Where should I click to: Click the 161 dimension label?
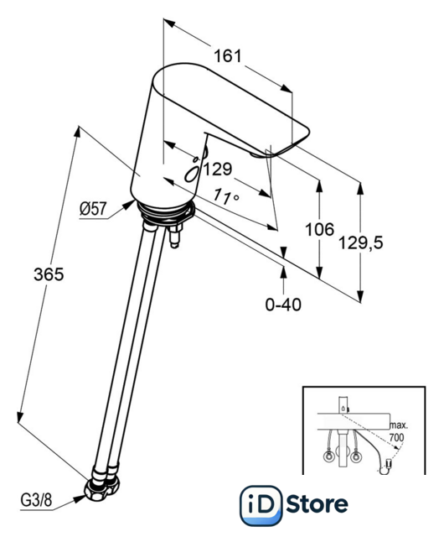tap(228, 56)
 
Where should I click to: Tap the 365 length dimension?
tap(49, 274)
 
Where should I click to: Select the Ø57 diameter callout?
tap(93, 209)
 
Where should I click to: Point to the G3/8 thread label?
tap(36, 500)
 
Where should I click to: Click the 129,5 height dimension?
tap(361, 242)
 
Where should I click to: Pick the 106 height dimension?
tap(319, 229)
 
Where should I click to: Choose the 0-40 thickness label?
tap(283, 304)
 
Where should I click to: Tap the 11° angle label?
tap(226, 196)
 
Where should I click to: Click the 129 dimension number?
tap(218, 169)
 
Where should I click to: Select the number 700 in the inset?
tap(396, 437)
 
